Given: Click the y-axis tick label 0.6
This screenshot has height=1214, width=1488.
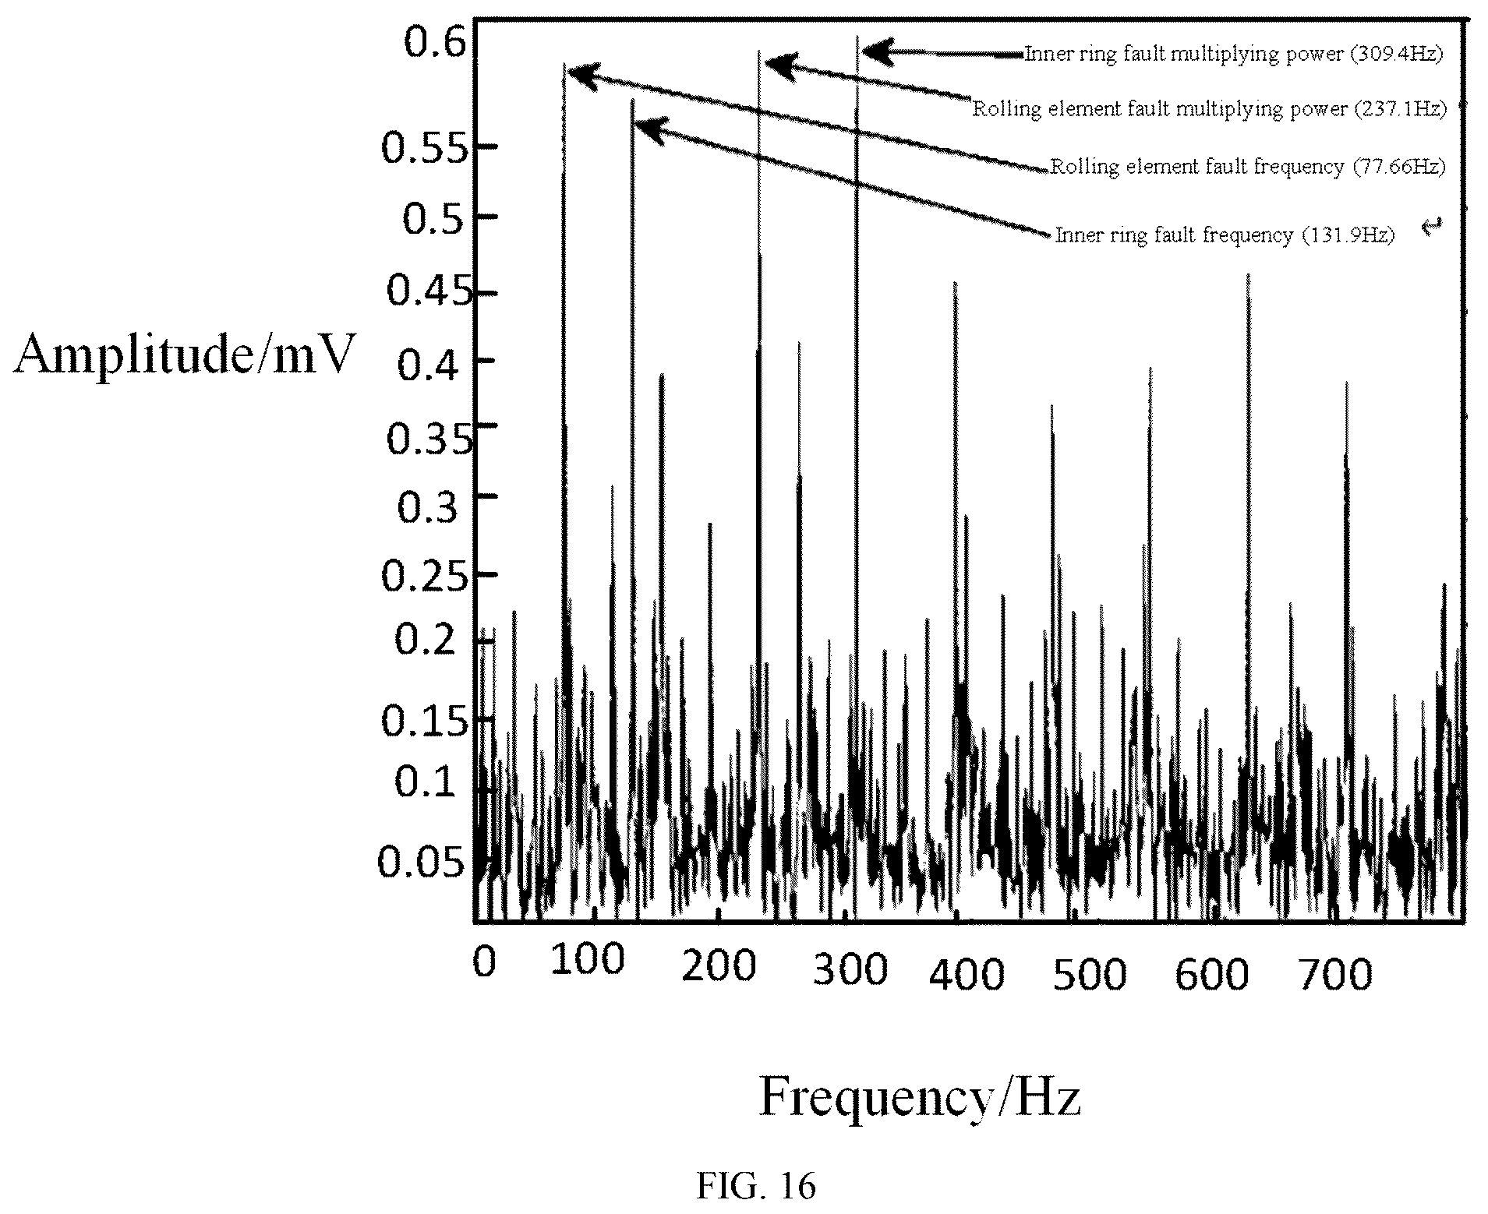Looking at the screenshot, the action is (x=435, y=41).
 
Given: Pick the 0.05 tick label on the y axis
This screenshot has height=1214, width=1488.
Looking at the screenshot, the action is (x=426, y=863).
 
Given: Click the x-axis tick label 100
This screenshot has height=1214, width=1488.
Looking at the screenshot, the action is (x=588, y=961).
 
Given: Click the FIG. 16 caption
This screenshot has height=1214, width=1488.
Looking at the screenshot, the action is (x=755, y=1187).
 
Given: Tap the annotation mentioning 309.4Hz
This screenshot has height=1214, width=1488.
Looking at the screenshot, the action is (x=1234, y=54).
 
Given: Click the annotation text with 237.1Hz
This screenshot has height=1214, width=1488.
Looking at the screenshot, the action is (x=1209, y=108).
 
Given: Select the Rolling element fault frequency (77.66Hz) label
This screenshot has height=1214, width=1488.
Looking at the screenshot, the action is (x=1247, y=166).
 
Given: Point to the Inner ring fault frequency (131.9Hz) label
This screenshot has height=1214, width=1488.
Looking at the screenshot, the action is (x=1224, y=235).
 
